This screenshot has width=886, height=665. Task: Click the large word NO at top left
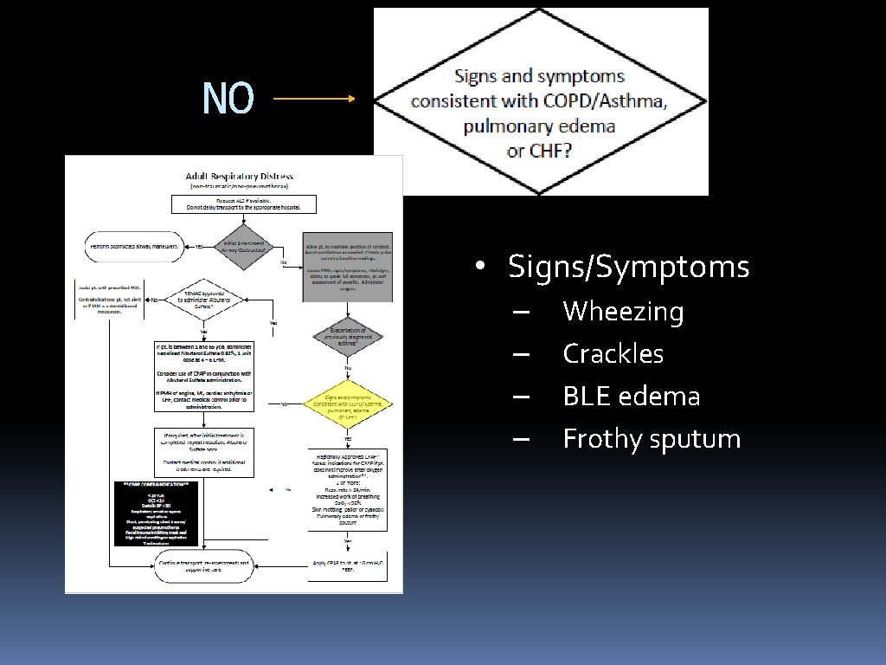[x=228, y=99]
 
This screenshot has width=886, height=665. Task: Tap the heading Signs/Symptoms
[x=628, y=267]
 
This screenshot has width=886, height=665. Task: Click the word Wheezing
[x=623, y=311]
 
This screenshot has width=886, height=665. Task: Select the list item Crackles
[x=613, y=353]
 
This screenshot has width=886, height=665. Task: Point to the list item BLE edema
[x=631, y=396]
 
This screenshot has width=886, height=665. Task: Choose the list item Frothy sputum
[x=652, y=439]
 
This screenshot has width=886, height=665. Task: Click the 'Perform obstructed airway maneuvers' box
[x=134, y=247]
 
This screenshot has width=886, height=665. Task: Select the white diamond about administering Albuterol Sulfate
[x=203, y=300]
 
